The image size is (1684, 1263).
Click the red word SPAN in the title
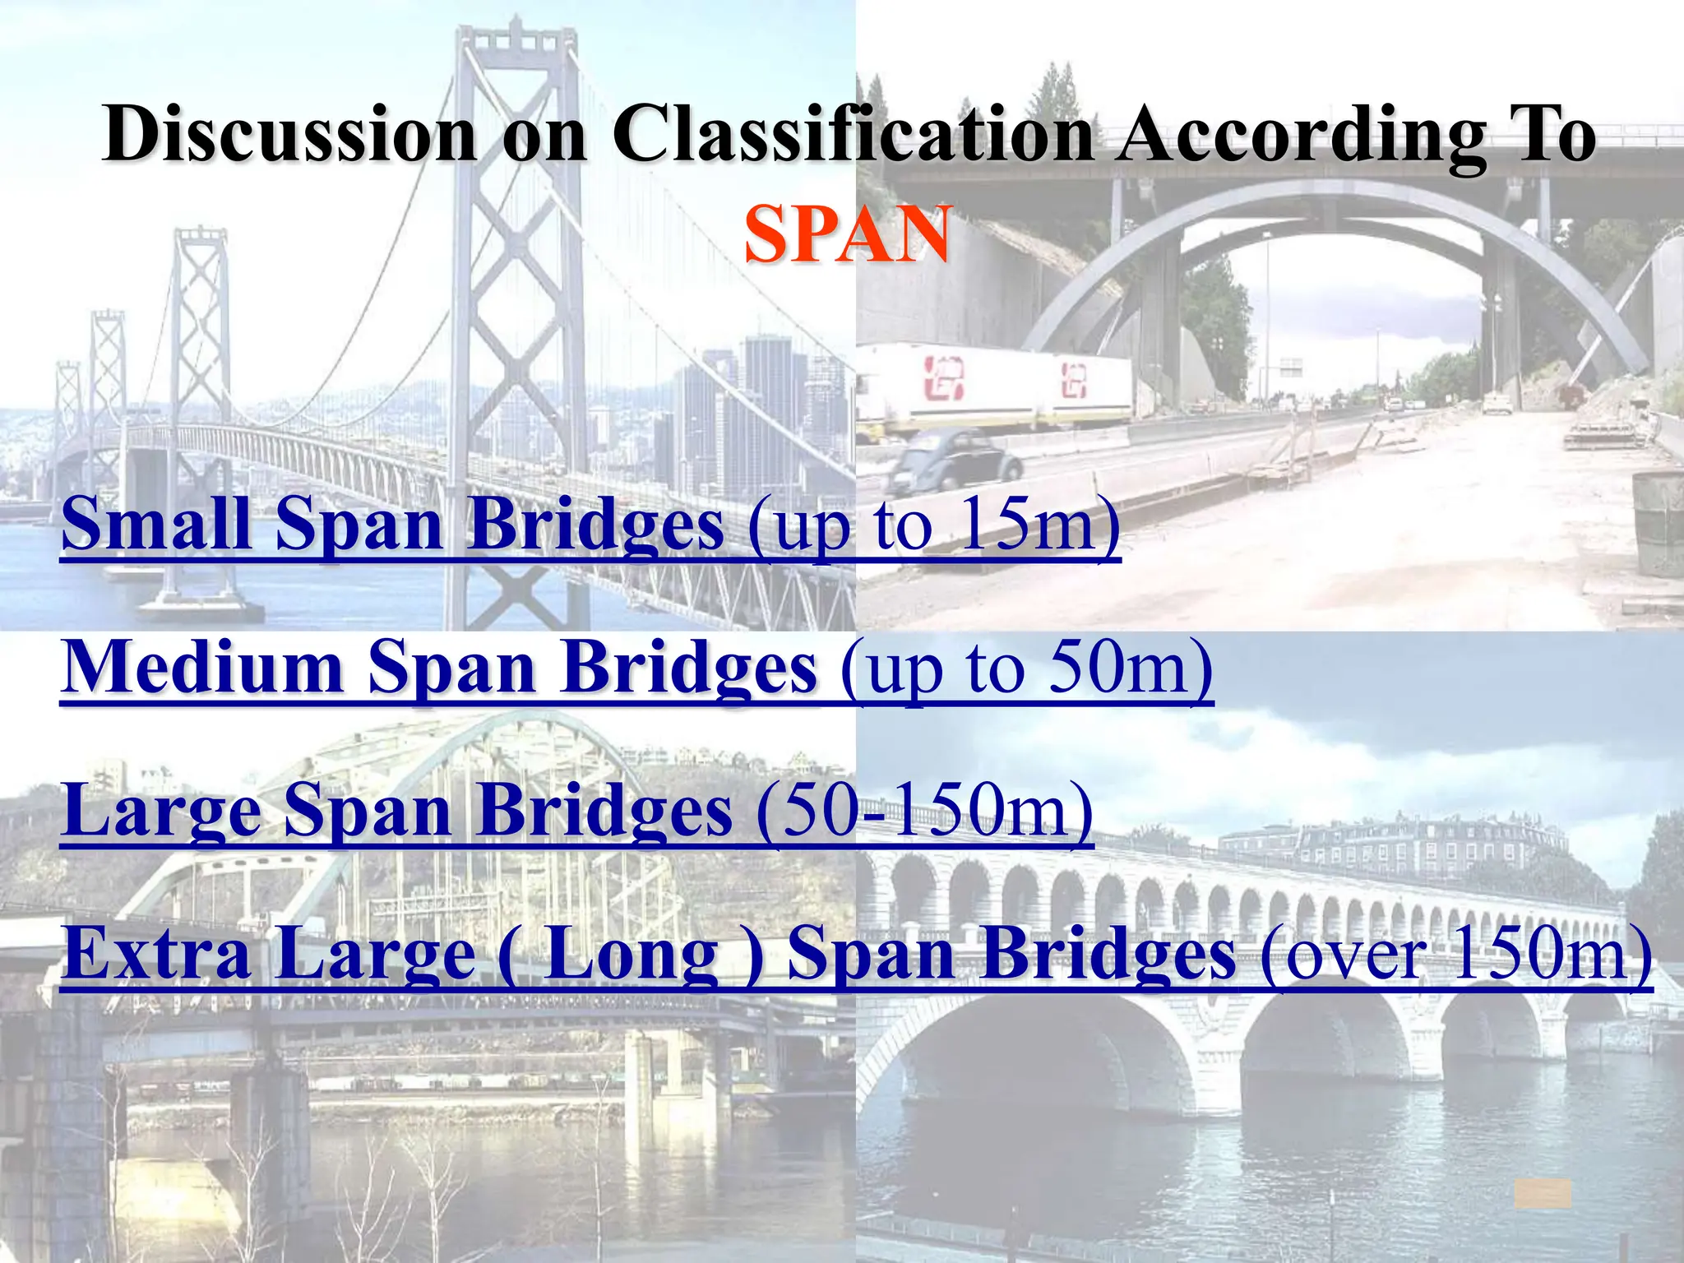pyautogui.click(x=847, y=234)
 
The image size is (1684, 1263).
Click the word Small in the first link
pyautogui.click(x=155, y=524)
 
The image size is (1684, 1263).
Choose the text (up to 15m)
pyautogui.click(x=934, y=526)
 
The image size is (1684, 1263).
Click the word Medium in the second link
pyautogui.click(x=202, y=667)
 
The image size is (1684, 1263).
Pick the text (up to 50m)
pyautogui.click(x=1026, y=669)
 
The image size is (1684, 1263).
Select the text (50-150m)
pyautogui.click(x=924, y=810)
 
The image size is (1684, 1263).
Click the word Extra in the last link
pyautogui.click(x=156, y=953)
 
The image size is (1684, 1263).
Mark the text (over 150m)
pyautogui.click(x=1455, y=954)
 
